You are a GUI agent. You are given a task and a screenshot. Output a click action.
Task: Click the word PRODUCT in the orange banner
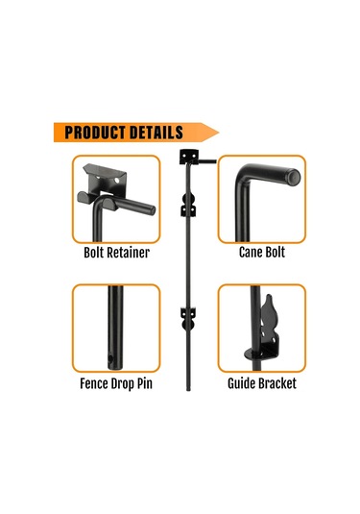pos(95,133)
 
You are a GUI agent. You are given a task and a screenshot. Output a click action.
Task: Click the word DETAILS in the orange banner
pos(156,133)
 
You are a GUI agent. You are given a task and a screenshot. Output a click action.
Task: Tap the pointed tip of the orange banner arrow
pos(219,133)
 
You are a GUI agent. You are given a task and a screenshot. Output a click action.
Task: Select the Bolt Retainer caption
pos(116,253)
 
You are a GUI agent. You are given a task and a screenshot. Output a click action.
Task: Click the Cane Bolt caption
pos(262,253)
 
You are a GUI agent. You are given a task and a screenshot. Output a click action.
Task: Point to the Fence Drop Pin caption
pos(116,383)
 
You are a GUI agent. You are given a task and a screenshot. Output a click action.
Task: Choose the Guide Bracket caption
pos(262,383)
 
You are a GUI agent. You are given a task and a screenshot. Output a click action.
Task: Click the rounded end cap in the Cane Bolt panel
pos(294,177)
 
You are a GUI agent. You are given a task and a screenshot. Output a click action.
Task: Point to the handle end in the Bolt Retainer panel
pos(152,210)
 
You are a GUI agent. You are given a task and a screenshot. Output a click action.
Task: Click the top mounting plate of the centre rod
pos(188,157)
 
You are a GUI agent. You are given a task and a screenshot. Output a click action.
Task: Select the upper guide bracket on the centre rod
pos(188,206)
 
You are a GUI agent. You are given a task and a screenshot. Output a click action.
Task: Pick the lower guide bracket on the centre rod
pos(188,319)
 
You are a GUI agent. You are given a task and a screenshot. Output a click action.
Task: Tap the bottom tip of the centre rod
pos(188,389)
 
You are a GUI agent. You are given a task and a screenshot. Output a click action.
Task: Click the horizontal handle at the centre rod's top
pos(207,161)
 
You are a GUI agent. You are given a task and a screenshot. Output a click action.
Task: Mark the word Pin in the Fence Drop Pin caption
pos(144,383)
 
